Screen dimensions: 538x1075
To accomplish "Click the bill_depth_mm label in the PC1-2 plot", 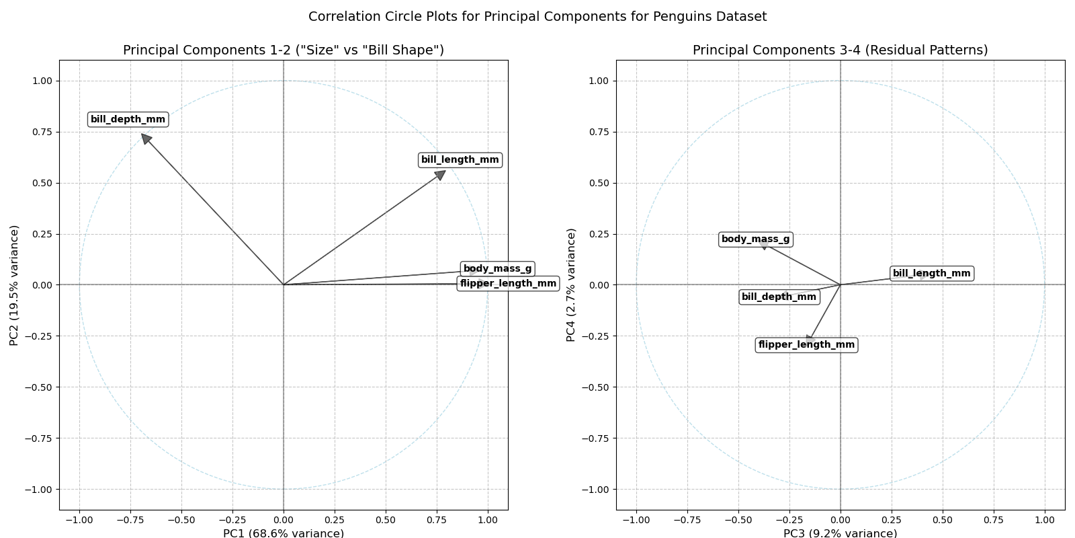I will pos(128,120).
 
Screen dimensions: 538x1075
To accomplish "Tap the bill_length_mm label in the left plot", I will pos(460,160).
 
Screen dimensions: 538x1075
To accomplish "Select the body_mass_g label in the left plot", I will pos(497,269).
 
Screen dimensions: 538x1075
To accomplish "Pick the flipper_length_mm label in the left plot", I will pos(508,284).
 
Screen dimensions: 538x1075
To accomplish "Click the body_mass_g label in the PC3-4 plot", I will pos(755,239).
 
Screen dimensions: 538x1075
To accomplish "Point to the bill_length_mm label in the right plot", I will pos(931,274).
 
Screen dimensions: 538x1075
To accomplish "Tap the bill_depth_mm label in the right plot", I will pos(779,297).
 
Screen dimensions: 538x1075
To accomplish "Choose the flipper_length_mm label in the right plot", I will pos(806,345).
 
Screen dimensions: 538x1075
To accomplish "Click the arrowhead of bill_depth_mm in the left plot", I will pos(145,138).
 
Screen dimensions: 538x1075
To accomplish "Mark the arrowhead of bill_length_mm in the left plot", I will pos(441,174).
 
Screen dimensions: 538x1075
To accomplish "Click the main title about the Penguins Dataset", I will pos(537,17).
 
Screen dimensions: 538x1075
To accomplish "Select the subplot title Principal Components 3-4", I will pos(840,50).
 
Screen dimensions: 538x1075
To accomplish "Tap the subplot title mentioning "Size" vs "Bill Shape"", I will pos(284,50).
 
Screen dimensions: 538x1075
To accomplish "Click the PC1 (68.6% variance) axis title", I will pos(284,533).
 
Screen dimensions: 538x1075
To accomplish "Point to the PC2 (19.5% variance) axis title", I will pos(14,285).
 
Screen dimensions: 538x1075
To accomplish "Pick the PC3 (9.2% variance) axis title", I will pos(840,533).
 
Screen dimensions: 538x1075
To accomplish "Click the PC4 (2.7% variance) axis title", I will pos(571,285).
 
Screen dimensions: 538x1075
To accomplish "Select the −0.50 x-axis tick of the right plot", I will pos(738,520).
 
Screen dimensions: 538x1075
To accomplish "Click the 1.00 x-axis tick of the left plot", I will pos(487,520).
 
